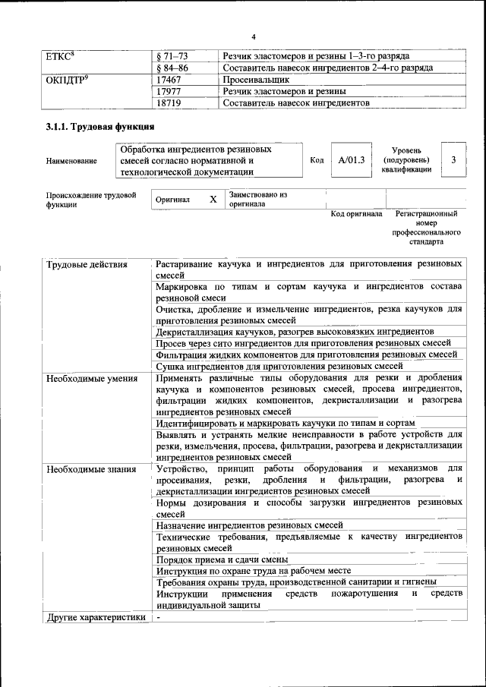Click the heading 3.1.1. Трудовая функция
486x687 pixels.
(x=100, y=127)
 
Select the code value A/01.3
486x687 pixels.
(x=351, y=160)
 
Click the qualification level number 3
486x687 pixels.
(x=453, y=160)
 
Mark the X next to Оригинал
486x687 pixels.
(x=213, y=199)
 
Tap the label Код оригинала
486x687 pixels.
(x=356, y=214)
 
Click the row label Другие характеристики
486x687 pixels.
(x=96, y=618)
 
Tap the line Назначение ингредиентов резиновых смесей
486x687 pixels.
(x=250, y=525)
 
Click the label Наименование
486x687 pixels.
(x=71, y=161)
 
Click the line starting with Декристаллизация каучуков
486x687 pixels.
(x=295, y=332)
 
